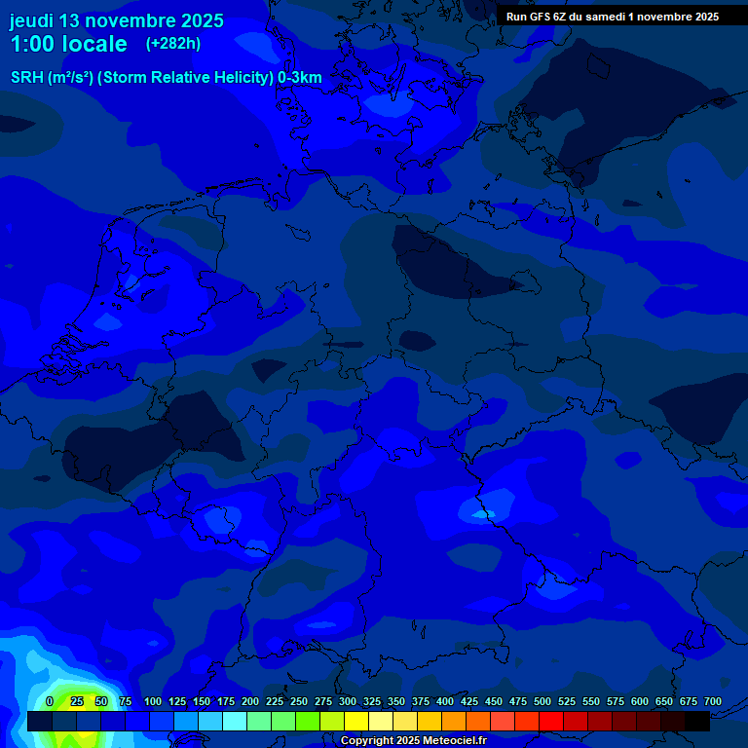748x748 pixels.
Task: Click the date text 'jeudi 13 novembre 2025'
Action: pos(116,20)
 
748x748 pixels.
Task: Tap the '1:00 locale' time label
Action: pos(68,44)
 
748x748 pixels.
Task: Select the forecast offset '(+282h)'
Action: pos(172,44)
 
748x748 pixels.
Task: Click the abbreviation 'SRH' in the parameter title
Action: pos(27,78)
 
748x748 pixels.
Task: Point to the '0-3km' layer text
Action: pos(300,78)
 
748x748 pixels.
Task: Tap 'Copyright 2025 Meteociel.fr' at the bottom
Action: pos(413,740)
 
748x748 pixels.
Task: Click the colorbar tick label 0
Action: pos(50,701)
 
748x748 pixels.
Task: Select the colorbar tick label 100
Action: pos(153,701)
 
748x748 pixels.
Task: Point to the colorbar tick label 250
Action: pos(299,701)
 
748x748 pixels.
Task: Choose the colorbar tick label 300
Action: pos(348,701)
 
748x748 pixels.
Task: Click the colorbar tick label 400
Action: pos(445,701)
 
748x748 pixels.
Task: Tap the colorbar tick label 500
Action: pos(542,701)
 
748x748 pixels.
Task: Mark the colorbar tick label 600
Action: pos(640,701)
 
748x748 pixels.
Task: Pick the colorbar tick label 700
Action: pos(713,701)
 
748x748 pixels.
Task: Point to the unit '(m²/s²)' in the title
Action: pos(69,78)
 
